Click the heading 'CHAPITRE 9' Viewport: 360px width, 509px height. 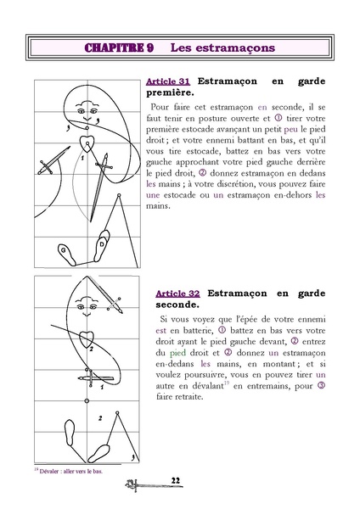point(119,48)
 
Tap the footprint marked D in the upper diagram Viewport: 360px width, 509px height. point(104,243)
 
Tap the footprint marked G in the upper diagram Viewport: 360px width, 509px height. point(65,253)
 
